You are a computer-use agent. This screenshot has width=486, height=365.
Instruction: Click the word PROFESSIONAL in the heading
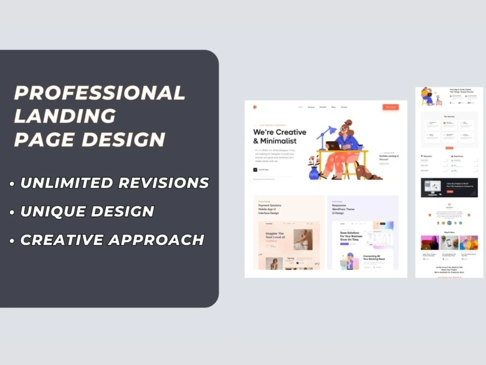click(100, 92)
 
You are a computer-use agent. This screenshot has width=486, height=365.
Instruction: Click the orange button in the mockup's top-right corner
click(390, 107)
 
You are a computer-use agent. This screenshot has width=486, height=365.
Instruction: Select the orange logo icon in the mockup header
click(254, 107)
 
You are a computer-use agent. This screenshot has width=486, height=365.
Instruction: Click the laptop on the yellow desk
click(332, 145)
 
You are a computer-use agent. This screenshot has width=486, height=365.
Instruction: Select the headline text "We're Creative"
click(279, 132)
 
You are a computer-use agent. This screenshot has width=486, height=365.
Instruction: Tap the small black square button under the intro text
click(255, 169)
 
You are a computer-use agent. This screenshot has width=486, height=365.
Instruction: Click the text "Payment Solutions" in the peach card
click(269, 205)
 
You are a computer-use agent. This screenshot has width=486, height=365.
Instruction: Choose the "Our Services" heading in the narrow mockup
click(449, 116)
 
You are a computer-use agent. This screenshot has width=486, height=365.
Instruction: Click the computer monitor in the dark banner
click(432, 186)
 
